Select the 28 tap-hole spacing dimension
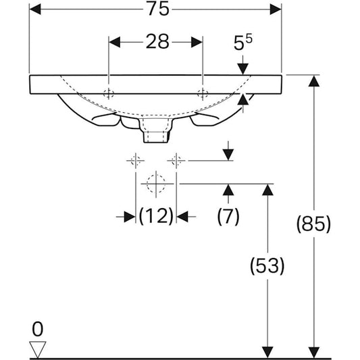click(x=156, y=43)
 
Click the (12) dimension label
click(x=156, y=216)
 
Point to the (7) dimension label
click(x=228, y=216)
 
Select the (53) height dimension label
click(x=267, y=265)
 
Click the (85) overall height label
click(x=313, y=224)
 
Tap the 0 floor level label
click(x=38, y=330)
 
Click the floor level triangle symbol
click(x=38, y=349)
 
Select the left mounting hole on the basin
click(x=109, y=93)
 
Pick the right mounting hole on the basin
click(x=202, y=93)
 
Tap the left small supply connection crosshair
click(x=135, y=160)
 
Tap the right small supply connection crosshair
click(x=176, y=160)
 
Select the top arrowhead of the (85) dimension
click(x=313, y=81)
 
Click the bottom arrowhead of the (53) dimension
click(x=267, y=351)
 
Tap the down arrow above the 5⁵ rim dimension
click(x=243, y=68)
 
